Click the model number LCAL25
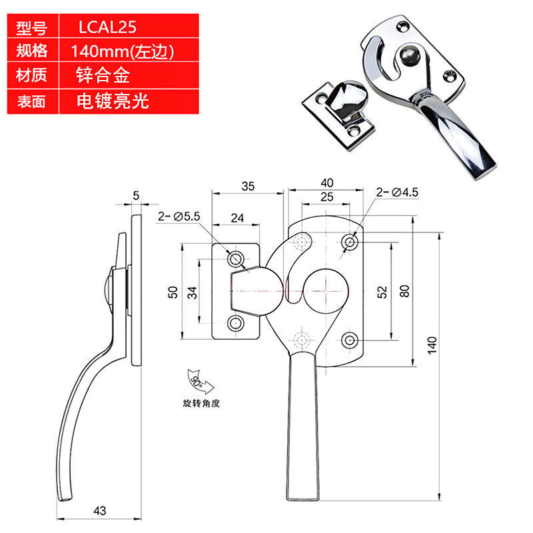pos(107,27)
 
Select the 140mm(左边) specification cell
pos(123,51)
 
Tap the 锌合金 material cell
pos(103,75)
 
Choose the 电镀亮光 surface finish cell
pos(113,101)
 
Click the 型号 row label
pos(31,27)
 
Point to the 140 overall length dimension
pos(432,345)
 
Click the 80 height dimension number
pos(404,291)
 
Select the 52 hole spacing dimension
pos(382,292)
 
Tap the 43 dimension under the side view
pos(99,510)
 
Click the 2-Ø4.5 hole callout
pos(397,193)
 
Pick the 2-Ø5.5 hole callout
pos(179,216)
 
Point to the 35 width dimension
pos(248,187)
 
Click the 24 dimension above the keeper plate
pos(237,218)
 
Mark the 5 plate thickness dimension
pos(136,195)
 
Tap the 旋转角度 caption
pos(201,404)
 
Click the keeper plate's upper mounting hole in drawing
pos(236,259)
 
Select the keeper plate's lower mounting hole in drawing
pos(236,323)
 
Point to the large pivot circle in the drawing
pos(326,269)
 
